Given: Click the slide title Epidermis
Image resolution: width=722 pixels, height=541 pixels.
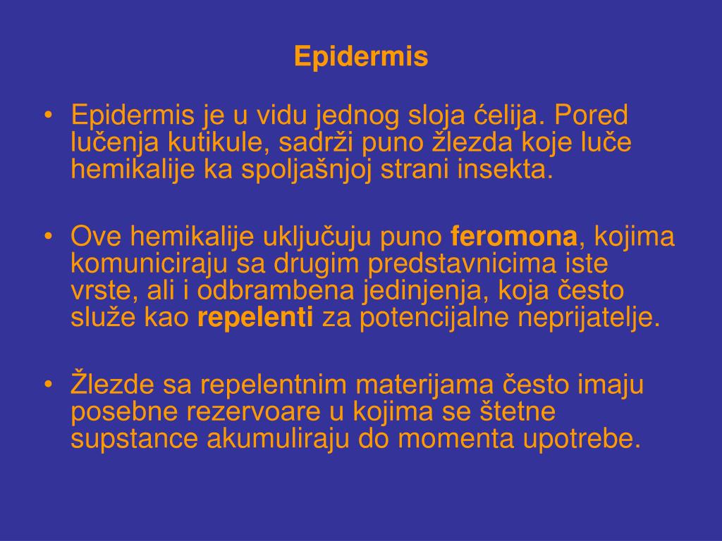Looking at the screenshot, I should [361, 57].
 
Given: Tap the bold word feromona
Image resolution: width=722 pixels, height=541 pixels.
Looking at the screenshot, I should [514, 237].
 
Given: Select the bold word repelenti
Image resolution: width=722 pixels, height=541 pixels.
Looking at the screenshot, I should [255, 318].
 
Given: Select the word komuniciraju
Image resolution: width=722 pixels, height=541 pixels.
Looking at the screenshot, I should [148, 264].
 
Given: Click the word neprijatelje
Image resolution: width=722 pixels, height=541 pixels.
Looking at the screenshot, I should [589, 318].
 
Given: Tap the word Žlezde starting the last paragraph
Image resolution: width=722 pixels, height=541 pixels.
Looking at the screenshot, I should [113, 385].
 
